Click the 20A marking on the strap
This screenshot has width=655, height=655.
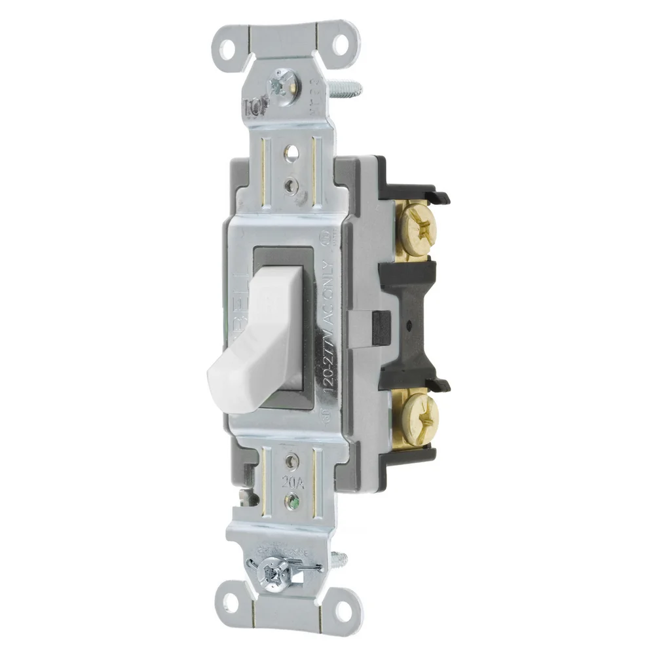coord(292,482)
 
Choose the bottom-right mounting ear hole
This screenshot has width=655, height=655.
coord(343,613)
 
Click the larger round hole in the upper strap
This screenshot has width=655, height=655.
coord(290,152)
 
